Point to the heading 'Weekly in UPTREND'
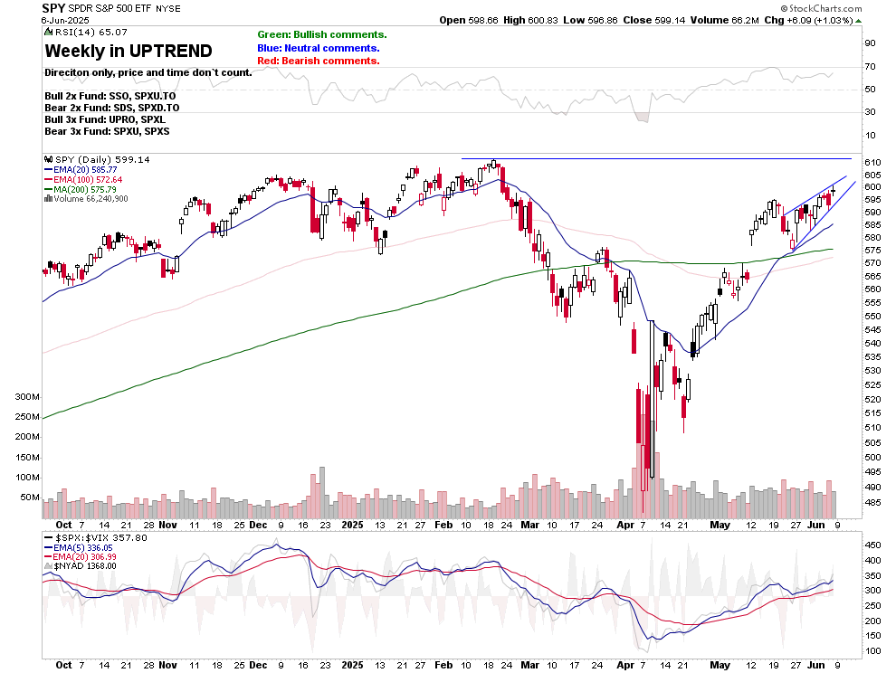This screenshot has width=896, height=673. point(129,51)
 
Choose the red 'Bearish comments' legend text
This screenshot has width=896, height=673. point(319,61)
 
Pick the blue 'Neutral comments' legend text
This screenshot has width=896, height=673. point(318,48)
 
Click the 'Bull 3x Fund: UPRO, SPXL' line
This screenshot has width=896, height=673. point(105,119)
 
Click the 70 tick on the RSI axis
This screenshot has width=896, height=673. point(868,66)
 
